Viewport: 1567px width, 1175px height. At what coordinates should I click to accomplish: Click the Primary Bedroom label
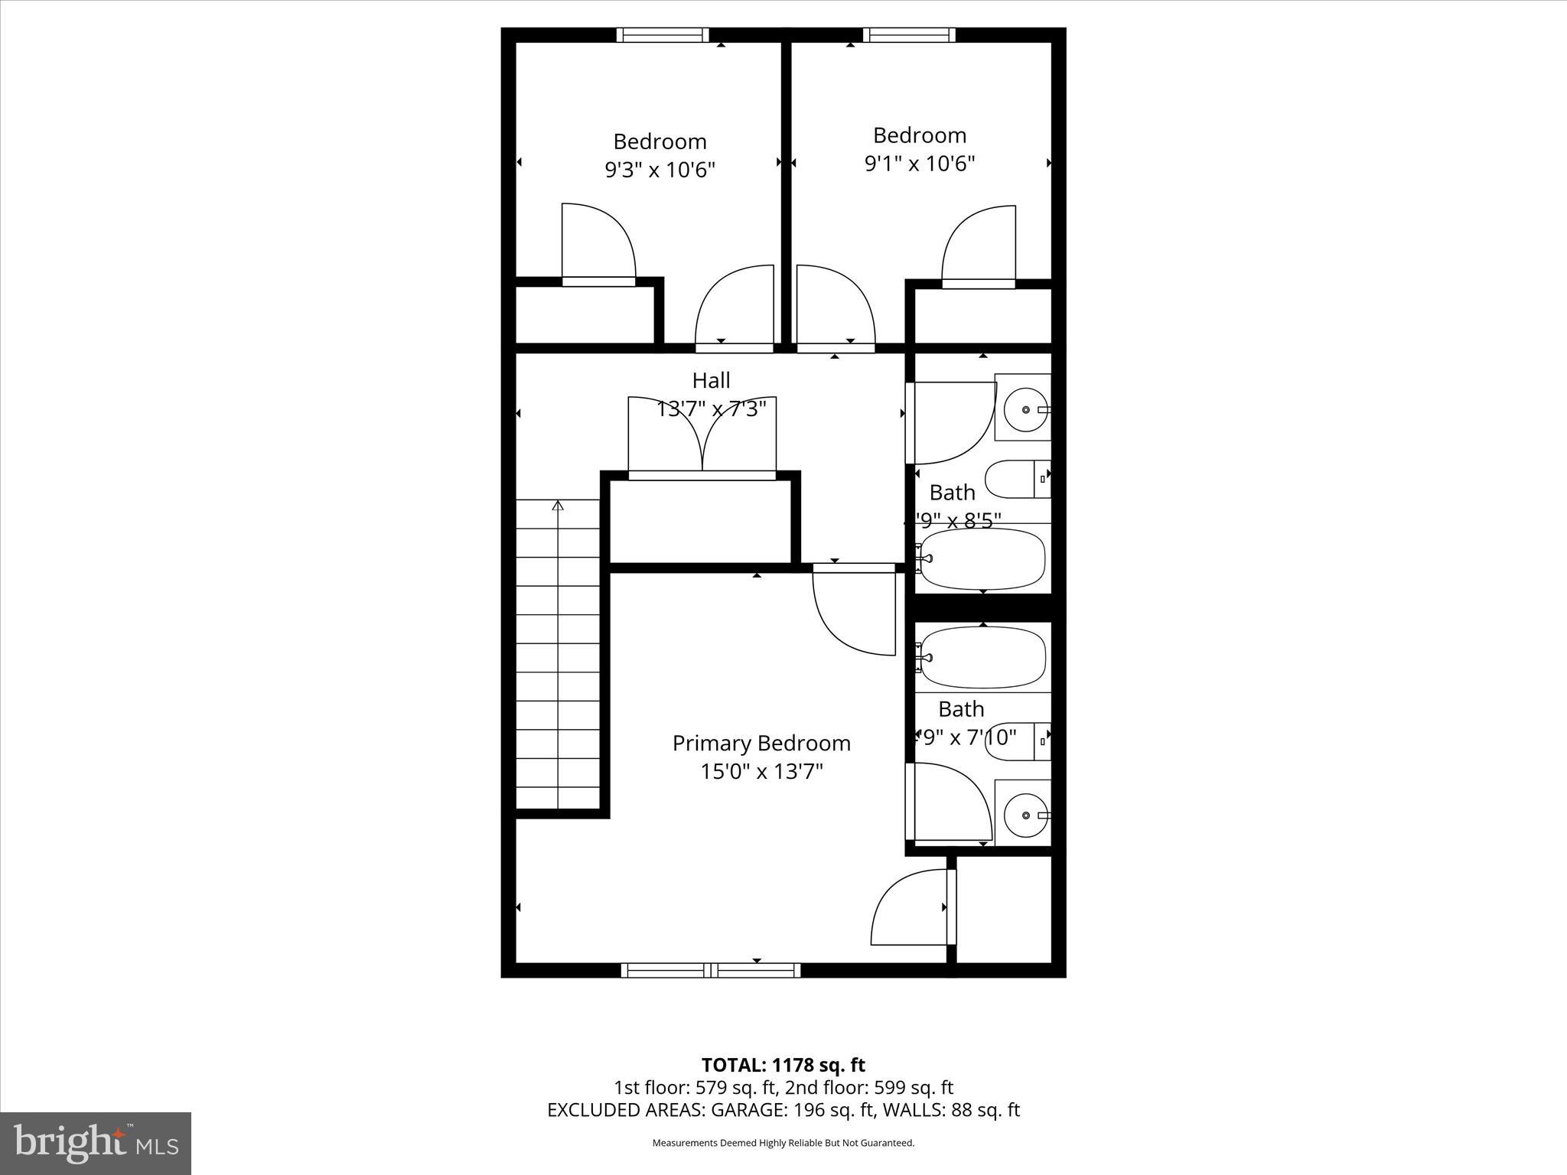(761, 743)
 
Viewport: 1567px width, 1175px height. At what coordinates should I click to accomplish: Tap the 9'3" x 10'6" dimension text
(660, 170)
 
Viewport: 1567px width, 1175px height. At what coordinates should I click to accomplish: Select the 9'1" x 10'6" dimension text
(919, 164)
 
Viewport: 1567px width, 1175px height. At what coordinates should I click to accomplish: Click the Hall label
(711, 380)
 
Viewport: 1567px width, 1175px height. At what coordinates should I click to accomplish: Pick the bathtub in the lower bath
(982, 656)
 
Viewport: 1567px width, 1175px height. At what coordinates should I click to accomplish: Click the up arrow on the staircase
(558, 506)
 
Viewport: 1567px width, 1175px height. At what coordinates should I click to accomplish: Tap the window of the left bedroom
(663, 34)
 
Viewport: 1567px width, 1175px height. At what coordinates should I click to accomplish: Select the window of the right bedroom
(909, 34)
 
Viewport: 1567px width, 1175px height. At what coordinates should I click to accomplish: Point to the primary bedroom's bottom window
(711, 970)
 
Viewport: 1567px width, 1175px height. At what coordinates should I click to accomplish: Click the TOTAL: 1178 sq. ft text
(783, 1065)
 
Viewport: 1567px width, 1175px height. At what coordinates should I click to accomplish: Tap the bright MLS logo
(95, 1144)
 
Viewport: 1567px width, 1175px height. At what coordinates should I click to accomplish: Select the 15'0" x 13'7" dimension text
(761, 771)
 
